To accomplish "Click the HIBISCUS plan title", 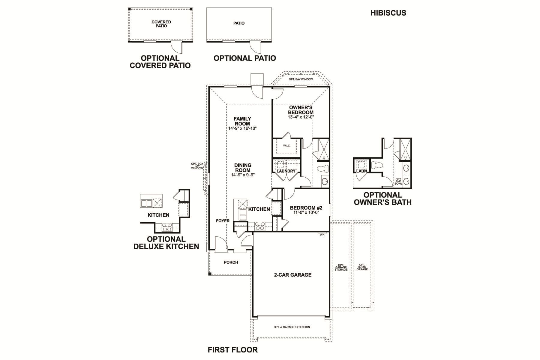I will pos(388,13).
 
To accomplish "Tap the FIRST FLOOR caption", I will pos(232,350).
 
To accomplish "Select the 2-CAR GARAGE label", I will pos(292,275).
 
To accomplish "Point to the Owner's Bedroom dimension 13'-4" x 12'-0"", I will pos(301,117).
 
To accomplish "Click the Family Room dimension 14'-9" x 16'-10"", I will pos(242,128).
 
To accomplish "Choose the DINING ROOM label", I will pos(243,168).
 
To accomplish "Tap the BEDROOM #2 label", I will pos(306,208).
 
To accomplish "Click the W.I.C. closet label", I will pos(287,146).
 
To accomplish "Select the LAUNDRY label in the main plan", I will pos(286,171).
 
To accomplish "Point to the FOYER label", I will pos(223,221).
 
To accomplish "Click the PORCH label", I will pos(231,262).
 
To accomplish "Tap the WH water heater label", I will pos(322,235).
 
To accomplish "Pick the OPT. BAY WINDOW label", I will pos(301,79).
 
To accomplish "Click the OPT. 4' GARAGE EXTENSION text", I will pos(292,327).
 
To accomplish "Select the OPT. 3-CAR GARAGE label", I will pos(362,267).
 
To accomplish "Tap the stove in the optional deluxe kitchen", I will pos(166,227).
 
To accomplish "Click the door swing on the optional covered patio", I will pos(176,47).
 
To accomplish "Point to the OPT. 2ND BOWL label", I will pos(398,181).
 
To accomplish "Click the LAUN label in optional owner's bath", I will pos(361,171).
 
